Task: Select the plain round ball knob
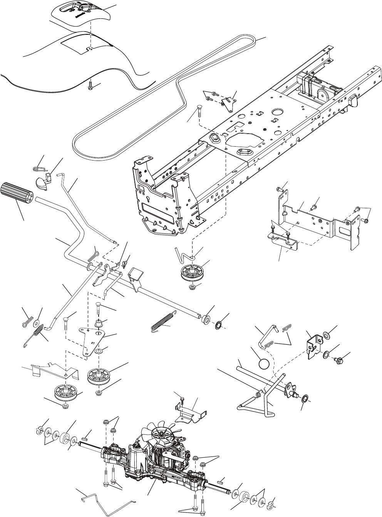point(264,363)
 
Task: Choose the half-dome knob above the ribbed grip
point(43,182)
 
